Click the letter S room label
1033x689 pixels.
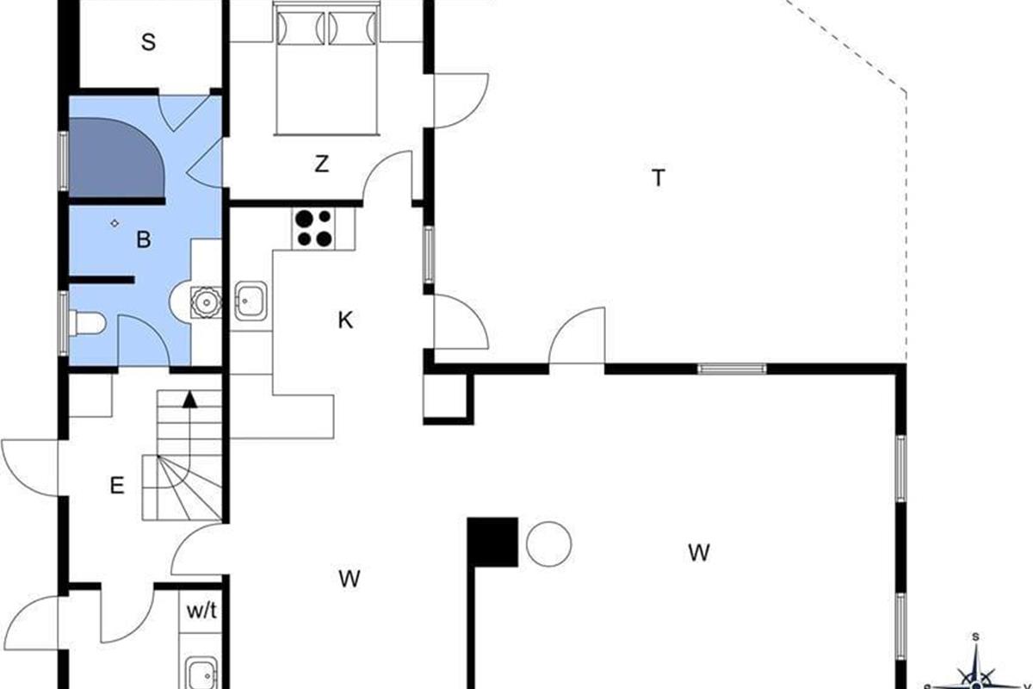[148, 42]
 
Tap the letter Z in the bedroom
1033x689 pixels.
[321, 164]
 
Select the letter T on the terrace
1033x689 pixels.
[659, 177]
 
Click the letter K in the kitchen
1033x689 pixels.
[345, 320]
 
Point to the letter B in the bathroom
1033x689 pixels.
[144, 239]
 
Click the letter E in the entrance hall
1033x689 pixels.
[117, 486]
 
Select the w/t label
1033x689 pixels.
[201, 611]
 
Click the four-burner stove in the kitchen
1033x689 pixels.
[313, 228]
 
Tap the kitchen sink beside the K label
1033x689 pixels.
[251, 301]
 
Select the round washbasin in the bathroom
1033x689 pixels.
[206, 302]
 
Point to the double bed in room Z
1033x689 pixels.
[326, 69]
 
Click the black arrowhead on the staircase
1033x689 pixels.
[189, 400]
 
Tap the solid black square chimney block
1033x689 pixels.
[492, 542]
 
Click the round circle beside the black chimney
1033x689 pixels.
[549, 544]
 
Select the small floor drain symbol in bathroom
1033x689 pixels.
[114, 223]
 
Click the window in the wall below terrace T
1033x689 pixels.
[732, 369]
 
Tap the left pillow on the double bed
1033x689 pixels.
[301, 28]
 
